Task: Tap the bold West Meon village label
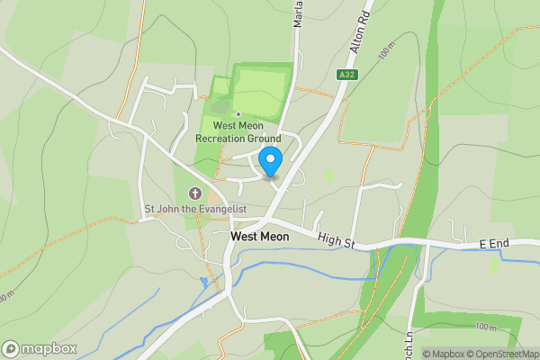tap(261, 237)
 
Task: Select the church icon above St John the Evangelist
tap(194, 193)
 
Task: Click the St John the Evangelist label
tap(196, 209)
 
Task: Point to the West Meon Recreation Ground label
tap(238, 132)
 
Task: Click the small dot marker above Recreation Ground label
tap(238, 113)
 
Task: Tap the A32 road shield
tap(347, 75)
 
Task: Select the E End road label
tap(494, 244)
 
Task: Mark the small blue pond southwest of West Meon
tap(204, 283)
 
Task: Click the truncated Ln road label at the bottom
tap(409, 338)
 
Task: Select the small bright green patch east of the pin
tap(328, 175)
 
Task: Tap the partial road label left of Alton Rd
tap(297, 14)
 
